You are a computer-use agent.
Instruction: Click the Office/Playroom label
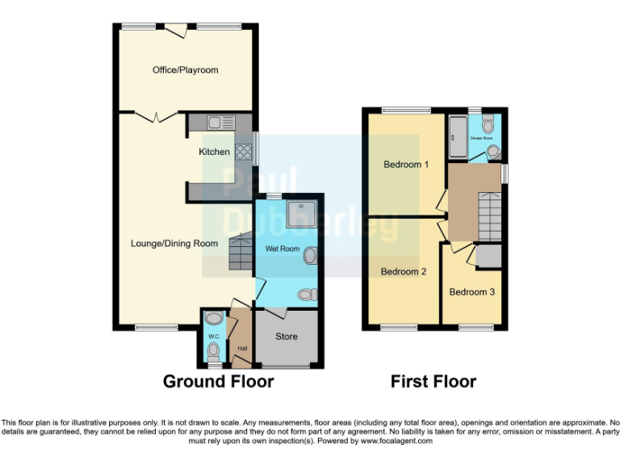(x=186, y=70)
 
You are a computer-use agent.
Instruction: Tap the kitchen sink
(x=216, y=124)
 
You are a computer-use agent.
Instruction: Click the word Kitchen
(x=214, y=152)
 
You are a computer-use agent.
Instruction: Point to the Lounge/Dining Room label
(x=175, y=243)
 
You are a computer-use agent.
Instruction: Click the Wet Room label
(x=283, y=249)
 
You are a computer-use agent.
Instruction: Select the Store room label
(x=286, y=337)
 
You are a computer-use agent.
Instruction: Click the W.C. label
(x=213, y=337)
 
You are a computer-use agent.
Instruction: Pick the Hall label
(x=241, y=349)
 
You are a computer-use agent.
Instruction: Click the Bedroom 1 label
(x=406, y=165)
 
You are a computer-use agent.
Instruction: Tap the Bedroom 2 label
(x=404, y=272)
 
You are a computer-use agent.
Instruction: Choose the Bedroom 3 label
(x=472, y=291)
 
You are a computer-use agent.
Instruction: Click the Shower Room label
(x=482, y=139)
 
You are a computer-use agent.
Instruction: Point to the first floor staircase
(x=489, y=214)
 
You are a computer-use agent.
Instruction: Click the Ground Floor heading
(x=218, y=381)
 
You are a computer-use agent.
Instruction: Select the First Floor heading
(x=434, y=381)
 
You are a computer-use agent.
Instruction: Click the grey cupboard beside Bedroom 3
(x=488, y=256)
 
